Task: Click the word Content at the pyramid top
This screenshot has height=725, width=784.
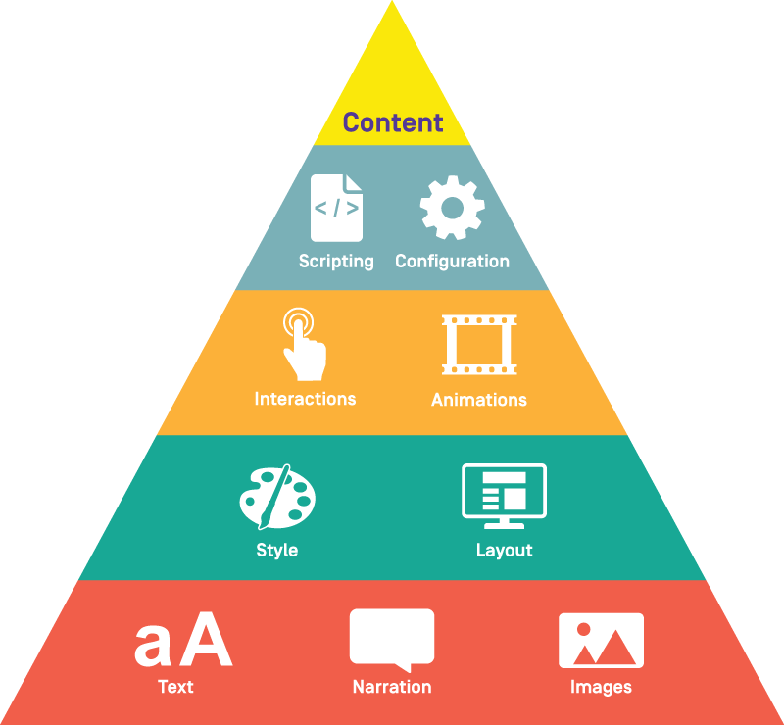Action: tap(393, 122)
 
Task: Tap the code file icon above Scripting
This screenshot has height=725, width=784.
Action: tap(336, 208)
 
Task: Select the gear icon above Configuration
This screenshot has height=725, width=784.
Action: tap(453, 208)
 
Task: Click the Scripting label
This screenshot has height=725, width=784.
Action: tap(336, 262)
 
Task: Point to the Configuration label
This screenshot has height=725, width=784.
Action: tap(453, 262)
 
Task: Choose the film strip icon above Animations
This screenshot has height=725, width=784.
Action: tap(479, 345)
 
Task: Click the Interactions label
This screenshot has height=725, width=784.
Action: tap(305, 399)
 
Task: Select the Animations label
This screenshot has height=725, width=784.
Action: tap(479, 400)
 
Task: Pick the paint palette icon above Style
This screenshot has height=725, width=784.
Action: tap(277, 497)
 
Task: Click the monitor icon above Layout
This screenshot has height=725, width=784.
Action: tap(504, 496)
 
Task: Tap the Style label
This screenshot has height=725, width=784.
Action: tap(277, 551)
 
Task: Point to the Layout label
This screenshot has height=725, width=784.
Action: tap(504, 551)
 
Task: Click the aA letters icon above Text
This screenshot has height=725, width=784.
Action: tap(183, 640)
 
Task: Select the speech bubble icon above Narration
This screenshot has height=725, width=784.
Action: tap(392, 640)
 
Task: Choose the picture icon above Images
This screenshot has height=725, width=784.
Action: tap(601, 641)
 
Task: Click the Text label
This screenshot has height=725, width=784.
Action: tap(175, 687)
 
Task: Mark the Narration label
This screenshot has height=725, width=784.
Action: tap(392, 687)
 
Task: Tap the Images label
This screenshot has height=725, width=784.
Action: tap(601, 688)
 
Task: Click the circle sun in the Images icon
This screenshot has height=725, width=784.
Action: tap(583, 630)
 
